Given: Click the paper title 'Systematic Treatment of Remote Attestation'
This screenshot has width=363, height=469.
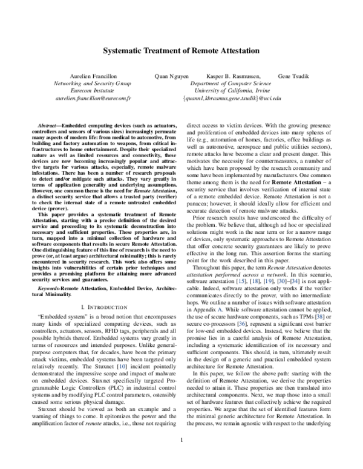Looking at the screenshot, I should (181, 53).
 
